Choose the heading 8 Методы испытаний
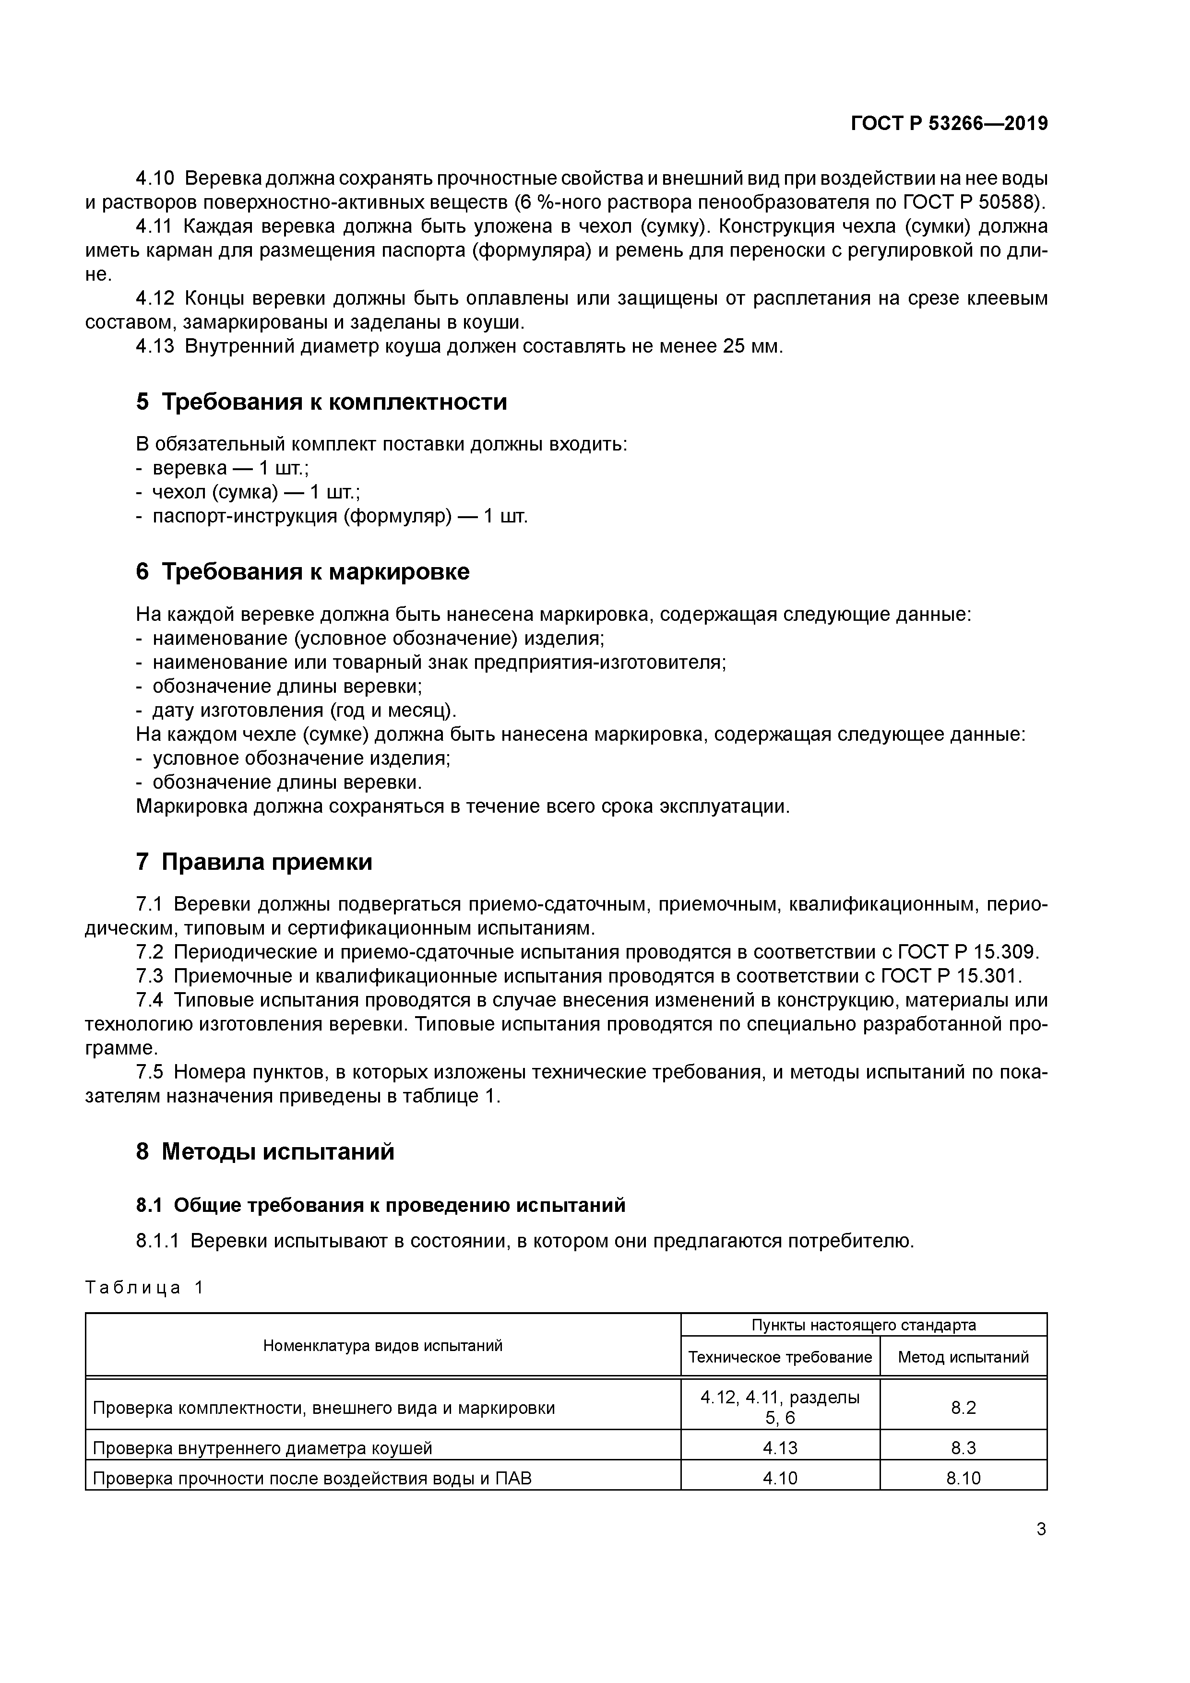(265, 1151)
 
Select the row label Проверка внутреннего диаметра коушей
(262, 1448)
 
